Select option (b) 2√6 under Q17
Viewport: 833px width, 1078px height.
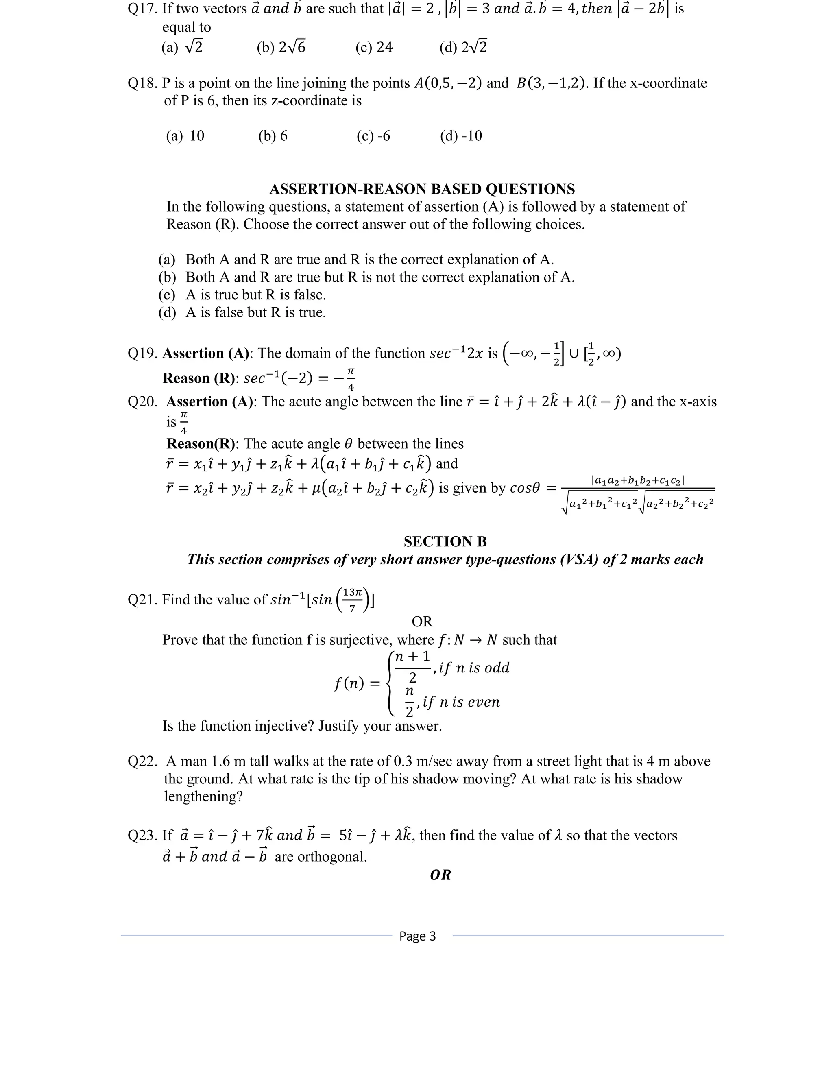[281, 47]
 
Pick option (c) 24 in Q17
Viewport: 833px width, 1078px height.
[374, 47]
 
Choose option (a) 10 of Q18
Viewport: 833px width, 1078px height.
[185, 136]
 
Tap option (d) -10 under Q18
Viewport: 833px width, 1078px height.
[461, 136]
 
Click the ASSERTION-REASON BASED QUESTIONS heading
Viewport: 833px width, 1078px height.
[422, 189]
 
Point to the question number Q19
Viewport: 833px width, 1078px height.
[142, 354]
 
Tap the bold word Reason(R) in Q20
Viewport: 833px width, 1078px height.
[201, 443]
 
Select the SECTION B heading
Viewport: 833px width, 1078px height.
[445, 541]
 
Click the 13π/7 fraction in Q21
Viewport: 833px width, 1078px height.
[352, 600]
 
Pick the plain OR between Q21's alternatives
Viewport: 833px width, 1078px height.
[422, 622]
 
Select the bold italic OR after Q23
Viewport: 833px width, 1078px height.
[440, 875]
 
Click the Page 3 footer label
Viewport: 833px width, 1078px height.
[417, 936]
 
